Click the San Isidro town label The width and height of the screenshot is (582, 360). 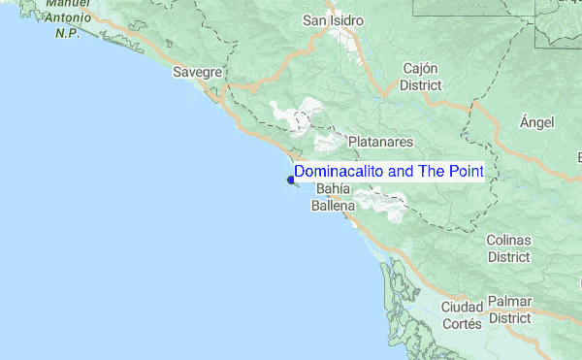(333, 19)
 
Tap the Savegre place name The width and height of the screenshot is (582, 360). (199, 72)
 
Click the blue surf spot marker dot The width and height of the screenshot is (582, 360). (291, 179)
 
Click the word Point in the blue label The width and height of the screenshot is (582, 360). (465, 171)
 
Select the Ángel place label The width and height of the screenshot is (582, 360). (536, 121)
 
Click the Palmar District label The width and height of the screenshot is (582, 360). (509, 310)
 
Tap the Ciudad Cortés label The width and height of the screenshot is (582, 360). (462, 315)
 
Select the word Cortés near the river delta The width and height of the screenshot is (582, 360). (462, 325)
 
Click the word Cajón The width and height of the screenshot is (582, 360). (422, 69)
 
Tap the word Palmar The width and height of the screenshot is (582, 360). (509, 302)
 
